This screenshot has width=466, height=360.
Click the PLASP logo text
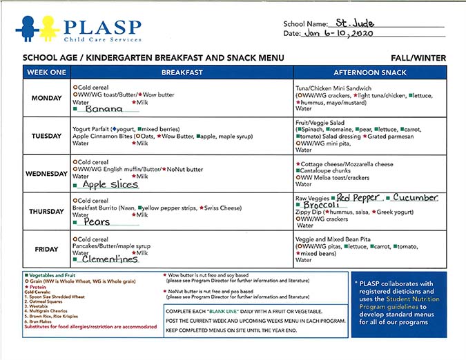103,28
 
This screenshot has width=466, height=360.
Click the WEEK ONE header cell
47,72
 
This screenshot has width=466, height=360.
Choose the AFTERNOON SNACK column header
369,72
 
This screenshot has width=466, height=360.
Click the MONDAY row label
47,97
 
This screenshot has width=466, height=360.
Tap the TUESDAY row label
47,136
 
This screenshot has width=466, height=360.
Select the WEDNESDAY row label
47,174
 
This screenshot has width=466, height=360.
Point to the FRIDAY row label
47,250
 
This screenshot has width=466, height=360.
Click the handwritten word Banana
104,109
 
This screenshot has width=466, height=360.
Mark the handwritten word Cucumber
415,198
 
